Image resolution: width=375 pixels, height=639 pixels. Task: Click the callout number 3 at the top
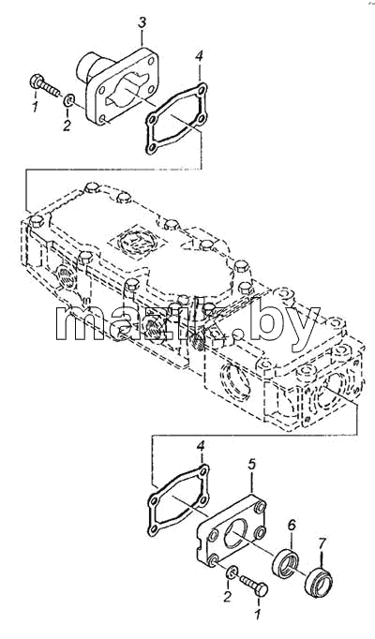coord(142,22)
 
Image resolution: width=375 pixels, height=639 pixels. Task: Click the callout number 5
coord(252,464)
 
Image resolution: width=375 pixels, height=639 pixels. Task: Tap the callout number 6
coord(292,527)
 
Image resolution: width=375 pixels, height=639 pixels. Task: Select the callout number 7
coord(322,543)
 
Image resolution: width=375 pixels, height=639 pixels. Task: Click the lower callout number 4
coord(201,446)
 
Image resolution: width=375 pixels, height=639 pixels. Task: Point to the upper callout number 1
coord(35,107)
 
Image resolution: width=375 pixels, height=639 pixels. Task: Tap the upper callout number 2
coord(67,125)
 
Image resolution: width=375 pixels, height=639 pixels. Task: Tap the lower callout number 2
coord(228,597)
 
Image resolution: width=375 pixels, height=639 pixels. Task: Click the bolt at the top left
coord(44,84)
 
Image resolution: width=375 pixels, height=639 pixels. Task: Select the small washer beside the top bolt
coord(68,99)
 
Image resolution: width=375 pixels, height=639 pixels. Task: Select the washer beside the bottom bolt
coord(232,572)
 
